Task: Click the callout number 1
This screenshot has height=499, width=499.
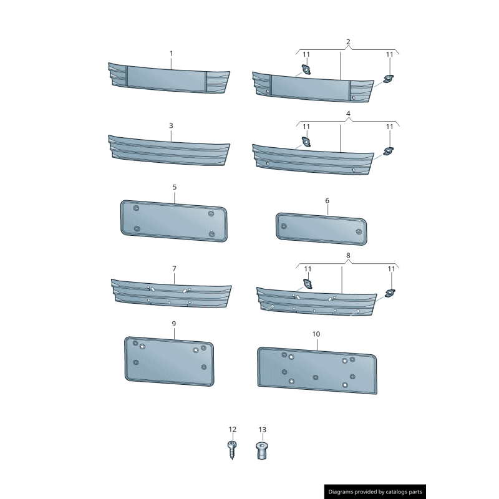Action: (x=172, y=54)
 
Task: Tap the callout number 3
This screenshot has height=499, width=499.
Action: (x=171, y=125)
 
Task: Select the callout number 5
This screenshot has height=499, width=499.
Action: (x=175, y=187)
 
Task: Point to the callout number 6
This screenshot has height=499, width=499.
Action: (x=327, y=201)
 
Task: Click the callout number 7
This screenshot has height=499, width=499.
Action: (x=174, y=268)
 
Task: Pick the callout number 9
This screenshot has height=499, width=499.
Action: (x=173, y=324)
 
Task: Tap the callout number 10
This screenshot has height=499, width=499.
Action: (x=316, y=334)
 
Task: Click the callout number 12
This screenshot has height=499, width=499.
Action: (x=233, y=429)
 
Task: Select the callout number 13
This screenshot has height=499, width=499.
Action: (x=262, y=430)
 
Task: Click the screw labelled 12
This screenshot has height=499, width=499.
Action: (x=232, y=450)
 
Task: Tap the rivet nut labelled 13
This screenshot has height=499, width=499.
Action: (x=262, y=450)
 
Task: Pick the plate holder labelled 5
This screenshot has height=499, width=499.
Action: (x=173, y=221)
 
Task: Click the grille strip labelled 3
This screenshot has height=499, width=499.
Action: (x=168, y=152)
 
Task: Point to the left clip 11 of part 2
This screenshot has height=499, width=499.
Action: (x=307, y=70)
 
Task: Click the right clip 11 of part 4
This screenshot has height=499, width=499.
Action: (x=389, y=151)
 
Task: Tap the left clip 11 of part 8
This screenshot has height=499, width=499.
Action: (x=307, y=284)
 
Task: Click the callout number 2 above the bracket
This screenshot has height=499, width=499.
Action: (x=348, y=42)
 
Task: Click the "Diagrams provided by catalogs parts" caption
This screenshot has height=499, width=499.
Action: (x=375, y=492)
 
